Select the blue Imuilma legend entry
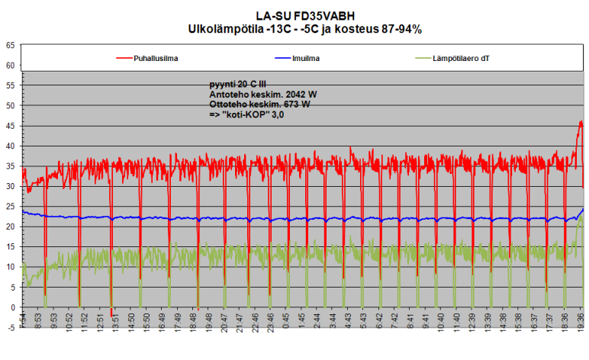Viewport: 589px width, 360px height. (305, 58)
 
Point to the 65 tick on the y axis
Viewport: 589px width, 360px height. (10, 46)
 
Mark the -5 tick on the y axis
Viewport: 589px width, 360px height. (10, 327)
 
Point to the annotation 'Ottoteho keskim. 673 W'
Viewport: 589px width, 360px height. (259, 103)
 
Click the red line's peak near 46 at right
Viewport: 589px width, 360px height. (581, 122)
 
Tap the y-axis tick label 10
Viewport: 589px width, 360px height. (10, 267)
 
